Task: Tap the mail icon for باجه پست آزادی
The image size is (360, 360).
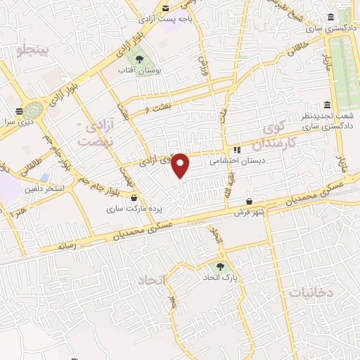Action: point(166,8)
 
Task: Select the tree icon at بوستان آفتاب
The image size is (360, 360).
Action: point(139,60)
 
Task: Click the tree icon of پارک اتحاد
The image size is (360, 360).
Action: point(221,266)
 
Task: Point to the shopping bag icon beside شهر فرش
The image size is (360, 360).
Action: point(250,202)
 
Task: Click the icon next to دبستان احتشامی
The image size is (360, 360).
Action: point(237,150)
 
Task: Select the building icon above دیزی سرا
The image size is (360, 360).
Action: point(18,111)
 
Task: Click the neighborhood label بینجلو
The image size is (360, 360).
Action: point(33,50)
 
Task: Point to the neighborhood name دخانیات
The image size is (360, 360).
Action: point(311,290)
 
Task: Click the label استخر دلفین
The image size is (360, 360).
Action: point(46,188)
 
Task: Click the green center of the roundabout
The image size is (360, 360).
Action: point(32,110)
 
